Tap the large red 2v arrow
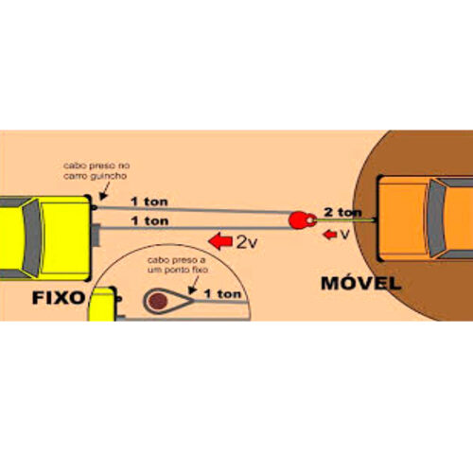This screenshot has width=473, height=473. (x=220, y=241)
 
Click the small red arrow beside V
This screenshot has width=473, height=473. (x=330, y=235)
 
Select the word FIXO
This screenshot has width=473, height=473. (x=59, y=297)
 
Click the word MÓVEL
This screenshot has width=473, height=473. (x=360, y=283)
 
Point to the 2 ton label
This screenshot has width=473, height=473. (x=342, y=212)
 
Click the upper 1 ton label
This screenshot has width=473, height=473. (x=149, y=201)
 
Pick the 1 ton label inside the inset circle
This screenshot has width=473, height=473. (x=222, y=294)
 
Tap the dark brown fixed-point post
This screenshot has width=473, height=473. (x=158, y=301)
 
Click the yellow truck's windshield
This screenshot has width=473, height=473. (x=32, y=237)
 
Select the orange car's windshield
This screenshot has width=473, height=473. (x=436, y=219)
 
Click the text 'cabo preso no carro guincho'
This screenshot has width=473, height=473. (x=96, y=170)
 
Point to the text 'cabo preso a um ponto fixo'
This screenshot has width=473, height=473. (x=177, y=265)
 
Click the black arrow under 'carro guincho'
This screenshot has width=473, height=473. (x=105, y=191)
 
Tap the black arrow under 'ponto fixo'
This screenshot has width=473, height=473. (x=194, y=285)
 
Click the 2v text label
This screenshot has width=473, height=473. (x=247, y=242)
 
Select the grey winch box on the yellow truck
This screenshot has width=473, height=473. (x=96, y=235)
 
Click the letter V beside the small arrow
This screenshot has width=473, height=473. (x=344, y=235)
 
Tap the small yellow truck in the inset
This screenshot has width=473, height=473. (x=103, y=304)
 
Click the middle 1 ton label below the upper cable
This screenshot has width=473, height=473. (x=149, y=220)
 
